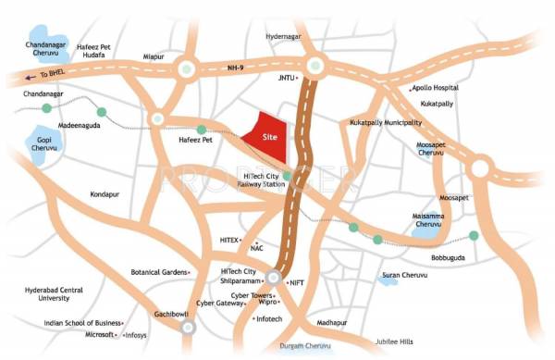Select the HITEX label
click(229, 239)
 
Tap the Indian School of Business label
click(82, 323)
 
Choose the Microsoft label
click(100, 335)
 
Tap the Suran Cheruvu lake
click(391, 277)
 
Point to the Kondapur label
click(105, 195)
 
